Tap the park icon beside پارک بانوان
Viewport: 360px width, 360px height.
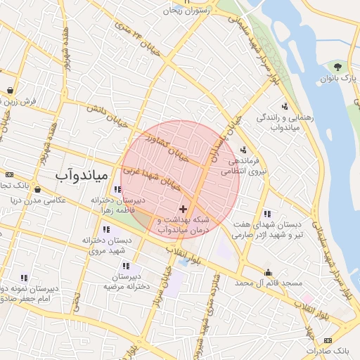click(338, 67)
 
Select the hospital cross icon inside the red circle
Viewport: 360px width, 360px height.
click(184, 209)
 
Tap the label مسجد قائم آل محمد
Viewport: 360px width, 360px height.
click(268, 283)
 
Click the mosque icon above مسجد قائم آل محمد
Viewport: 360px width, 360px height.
click(269, 272)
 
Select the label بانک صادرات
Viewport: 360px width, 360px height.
click(330, 349)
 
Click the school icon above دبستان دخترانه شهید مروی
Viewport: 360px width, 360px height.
click(106, 229)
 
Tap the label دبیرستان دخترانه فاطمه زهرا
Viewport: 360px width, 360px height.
click(117, 205)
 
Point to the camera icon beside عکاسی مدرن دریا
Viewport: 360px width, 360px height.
click(37, 190)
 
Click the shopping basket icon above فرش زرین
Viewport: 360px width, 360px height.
click(11, 90)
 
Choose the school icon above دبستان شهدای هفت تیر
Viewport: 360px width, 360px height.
click(266, 214)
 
